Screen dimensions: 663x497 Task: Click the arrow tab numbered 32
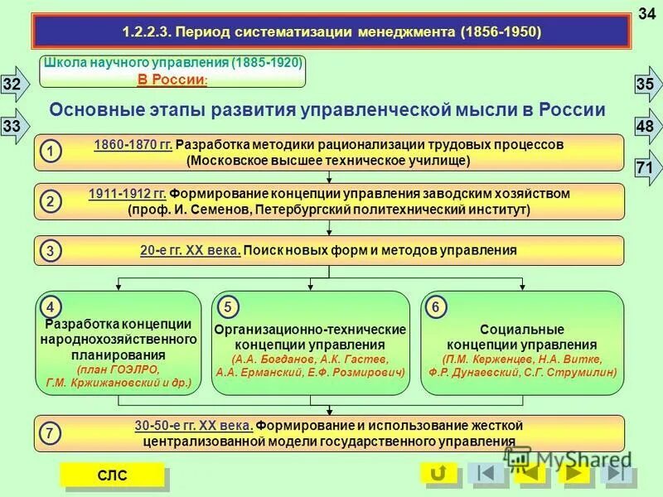pyautogui.click(x=13, y=84)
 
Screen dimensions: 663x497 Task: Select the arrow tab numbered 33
pyautogui.click(x=13, y=126)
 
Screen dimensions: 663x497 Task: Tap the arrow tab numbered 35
pyautogui.click(x=646, y=84)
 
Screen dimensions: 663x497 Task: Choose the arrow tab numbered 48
pyautogui.click(x=646, y=126)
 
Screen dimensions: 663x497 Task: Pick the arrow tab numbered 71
pyautogui.click(x=646, y=168)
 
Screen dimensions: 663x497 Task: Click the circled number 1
pyautogui.click(x=51, y=152)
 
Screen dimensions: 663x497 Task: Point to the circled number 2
pyautogui.click(x=51, y=201)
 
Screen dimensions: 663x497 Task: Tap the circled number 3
pyautogui.click(x=51, y=250)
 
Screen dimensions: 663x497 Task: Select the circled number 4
pyautogui.click(x=51, y=306)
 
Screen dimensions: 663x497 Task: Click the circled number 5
pyautogui.click(x=227, y=306)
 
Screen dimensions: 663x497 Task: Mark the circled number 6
pyautogui.click(x=436, y=306)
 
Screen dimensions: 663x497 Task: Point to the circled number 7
pyautogui.click(x=51, y=433)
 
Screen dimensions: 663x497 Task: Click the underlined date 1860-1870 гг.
pyautogui.click(x=133, y=145)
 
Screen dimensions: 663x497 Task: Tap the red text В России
pyautogui.click(x=171, y=80)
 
